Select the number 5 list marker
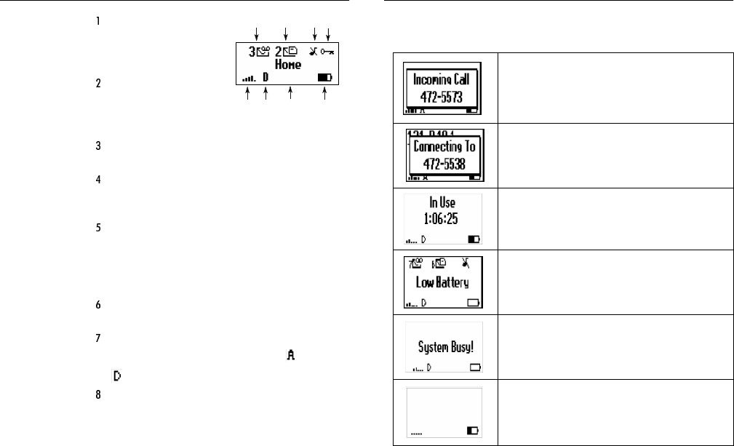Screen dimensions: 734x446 tap(97, 227)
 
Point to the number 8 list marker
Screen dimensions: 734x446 tap(97, 395)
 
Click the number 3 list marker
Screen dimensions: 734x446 tap(97, 146)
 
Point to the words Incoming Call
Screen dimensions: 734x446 tap(443, 79)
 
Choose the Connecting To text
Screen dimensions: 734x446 tap(443, 146)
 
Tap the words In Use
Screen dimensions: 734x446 tap(443, 204)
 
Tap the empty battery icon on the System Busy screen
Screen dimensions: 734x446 tap(476, 367)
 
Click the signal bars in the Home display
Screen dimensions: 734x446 tap(247, 76)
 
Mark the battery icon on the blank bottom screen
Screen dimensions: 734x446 tap(473, 431)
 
